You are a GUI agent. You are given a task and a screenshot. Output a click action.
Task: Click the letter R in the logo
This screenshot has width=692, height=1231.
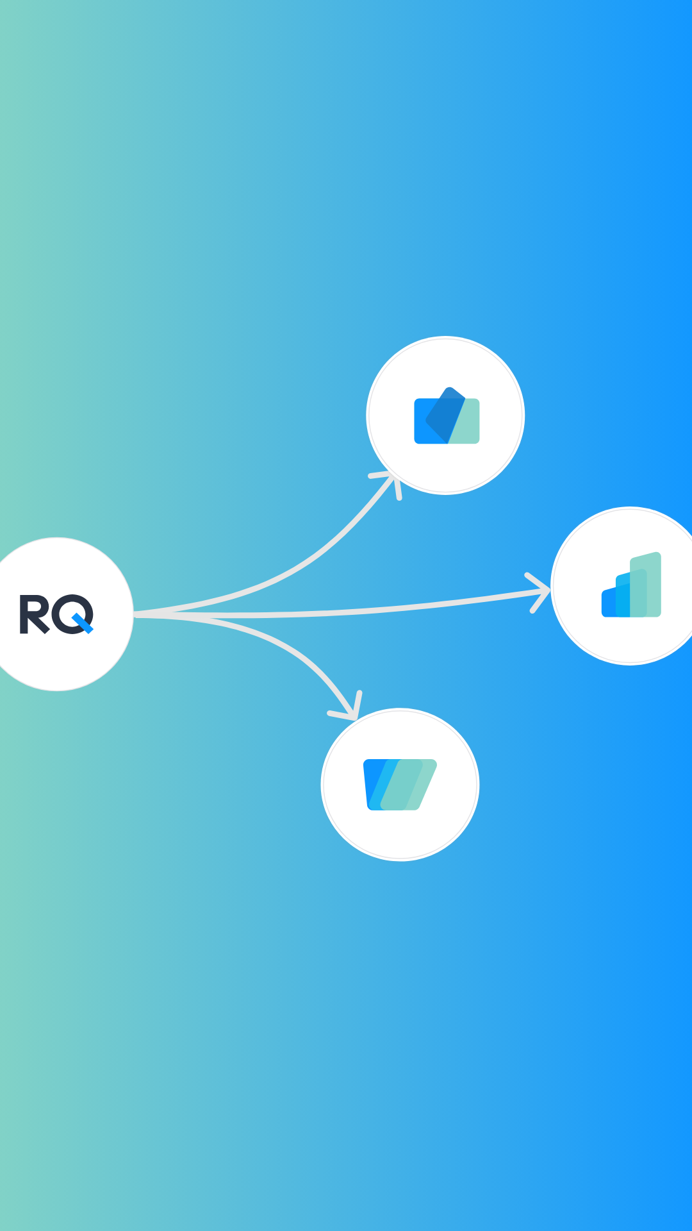pos(32,614)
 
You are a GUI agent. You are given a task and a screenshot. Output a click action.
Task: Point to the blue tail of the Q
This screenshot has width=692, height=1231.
pos(84,624)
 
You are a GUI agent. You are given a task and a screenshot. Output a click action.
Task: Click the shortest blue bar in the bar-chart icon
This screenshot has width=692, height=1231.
pos(608,604)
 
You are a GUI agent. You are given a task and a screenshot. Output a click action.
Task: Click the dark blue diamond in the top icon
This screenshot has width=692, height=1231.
pos(445,414)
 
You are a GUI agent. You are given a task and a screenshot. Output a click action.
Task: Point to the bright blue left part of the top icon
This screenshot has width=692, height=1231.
pos(422,423)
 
